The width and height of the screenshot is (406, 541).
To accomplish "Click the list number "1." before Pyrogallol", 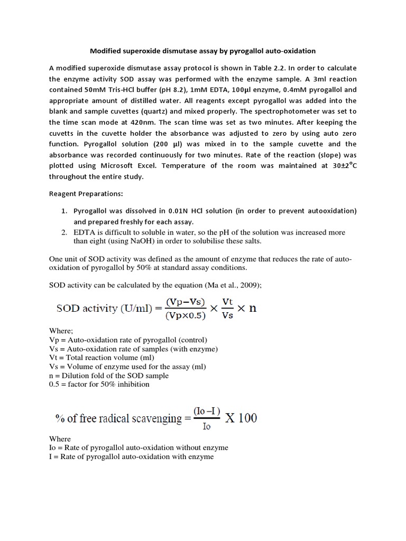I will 64,211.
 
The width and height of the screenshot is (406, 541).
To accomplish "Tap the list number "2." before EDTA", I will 64,232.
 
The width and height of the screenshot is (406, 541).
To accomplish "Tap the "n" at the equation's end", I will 252,309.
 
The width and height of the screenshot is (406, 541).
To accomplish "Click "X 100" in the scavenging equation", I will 242,418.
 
